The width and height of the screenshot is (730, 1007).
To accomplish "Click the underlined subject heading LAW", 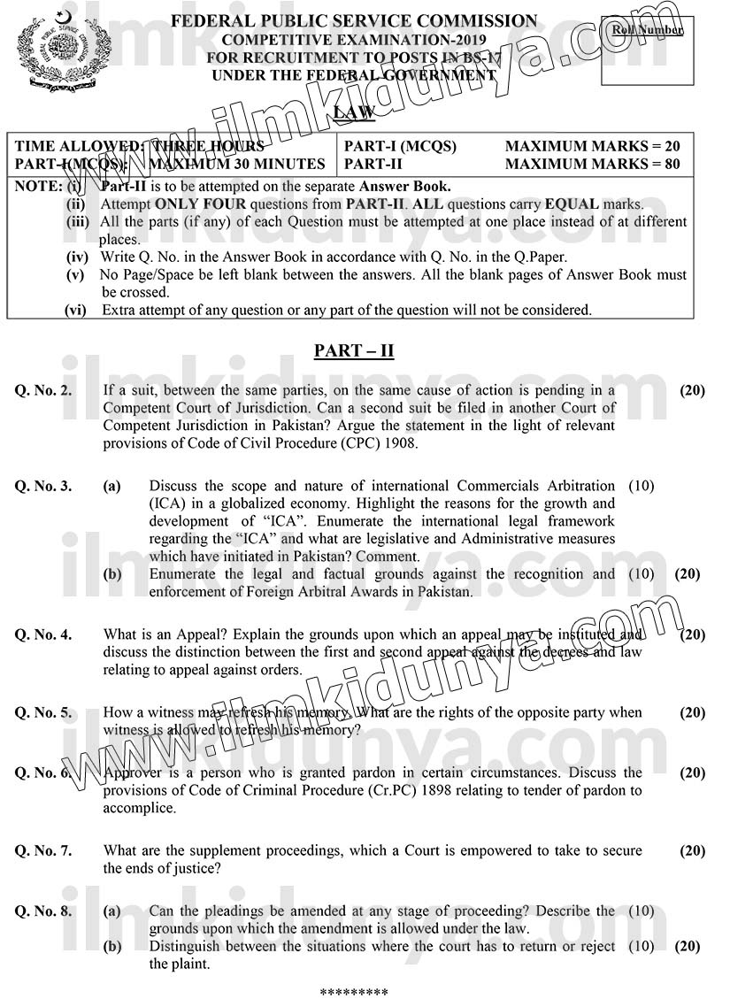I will click(354, 111).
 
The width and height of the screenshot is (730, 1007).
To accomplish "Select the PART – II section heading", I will click(354, 350).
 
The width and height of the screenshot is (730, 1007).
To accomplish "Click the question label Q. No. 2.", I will click(43, 389).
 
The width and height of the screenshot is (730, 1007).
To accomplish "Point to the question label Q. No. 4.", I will click(43, 634).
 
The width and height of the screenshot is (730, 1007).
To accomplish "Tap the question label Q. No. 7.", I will click(43, 850).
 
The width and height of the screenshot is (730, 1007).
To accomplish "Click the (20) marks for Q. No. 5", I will click(692, 712).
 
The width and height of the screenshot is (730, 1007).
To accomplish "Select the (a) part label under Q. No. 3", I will click(112, 486).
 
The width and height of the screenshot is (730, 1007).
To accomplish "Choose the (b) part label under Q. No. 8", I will click(112, 947).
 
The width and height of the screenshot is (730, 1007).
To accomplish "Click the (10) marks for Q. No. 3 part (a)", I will click(641, 486).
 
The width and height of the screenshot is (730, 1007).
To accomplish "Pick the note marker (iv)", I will click(78, 258).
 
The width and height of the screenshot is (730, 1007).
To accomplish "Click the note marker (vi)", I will click(76, 310).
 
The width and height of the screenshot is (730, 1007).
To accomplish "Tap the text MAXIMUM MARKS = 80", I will click(592, 164).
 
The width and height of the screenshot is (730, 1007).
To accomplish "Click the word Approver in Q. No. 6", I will click(133, 773).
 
